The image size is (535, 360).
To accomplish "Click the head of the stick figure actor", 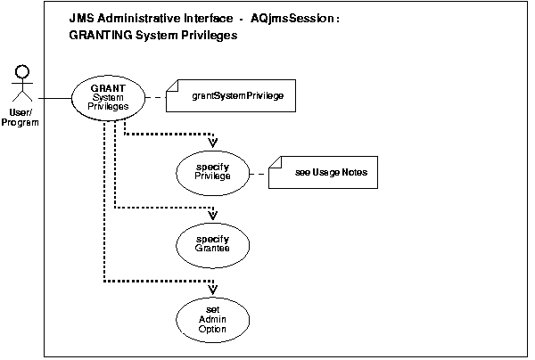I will [x=24, y=70].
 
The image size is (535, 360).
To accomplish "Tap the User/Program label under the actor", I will [x=24, y=118].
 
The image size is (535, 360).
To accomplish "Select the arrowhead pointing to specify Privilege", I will [x=212, y=142].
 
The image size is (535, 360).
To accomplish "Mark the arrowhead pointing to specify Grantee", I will [x=212, y=214].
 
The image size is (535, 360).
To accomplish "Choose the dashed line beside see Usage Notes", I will [x=262, y=172].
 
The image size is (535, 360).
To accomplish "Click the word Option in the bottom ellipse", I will [x=212, y=330].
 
